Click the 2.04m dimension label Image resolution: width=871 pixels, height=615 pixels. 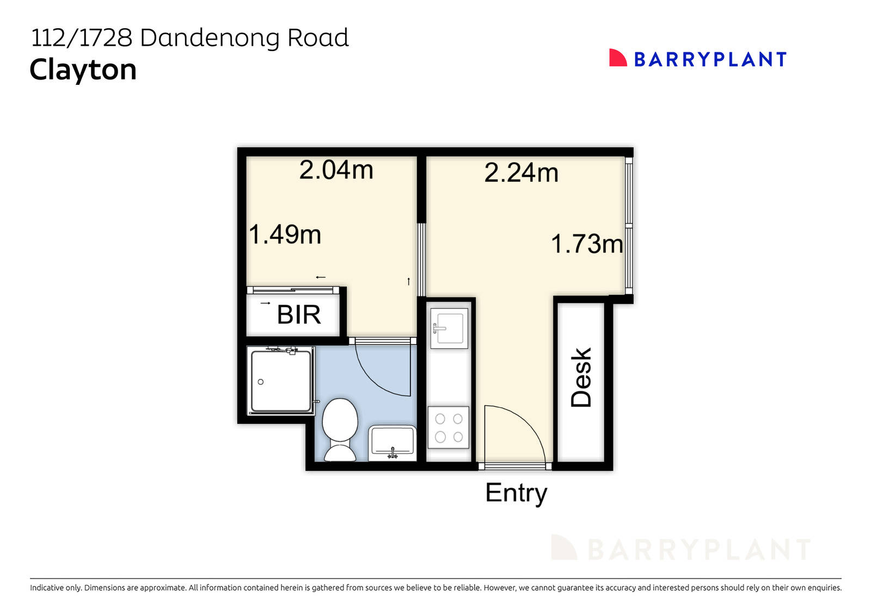click(336, 170)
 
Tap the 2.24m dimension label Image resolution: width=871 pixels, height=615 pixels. click(521, 173)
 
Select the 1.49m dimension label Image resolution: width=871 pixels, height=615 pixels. click(285, 235)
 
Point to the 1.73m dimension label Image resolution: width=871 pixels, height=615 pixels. click(587, 244)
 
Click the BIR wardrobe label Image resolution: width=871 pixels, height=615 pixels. click(298, 315)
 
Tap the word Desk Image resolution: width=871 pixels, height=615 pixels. click(581, 377)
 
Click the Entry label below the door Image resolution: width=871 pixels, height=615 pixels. click(516, 493)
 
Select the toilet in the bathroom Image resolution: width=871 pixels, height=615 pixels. click(340, 429)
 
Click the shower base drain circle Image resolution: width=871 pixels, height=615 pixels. click(261, 382)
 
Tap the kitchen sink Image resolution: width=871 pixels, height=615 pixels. click(449, 328)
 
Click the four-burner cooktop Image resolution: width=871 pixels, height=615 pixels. click(449, 428)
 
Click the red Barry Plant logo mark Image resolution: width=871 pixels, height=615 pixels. click(617, 58)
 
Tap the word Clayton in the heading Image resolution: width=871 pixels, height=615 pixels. click(83, 70)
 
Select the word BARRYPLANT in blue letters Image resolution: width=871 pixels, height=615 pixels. click(710, 59)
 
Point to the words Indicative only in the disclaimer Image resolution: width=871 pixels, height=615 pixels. click(56, 588)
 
